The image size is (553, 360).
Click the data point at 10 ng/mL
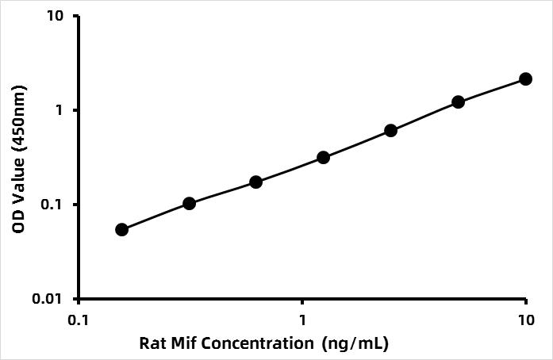525,79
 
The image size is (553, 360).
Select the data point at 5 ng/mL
458,101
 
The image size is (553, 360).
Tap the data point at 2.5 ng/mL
390,130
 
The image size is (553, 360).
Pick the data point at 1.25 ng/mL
323,157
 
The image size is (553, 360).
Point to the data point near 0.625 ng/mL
255,182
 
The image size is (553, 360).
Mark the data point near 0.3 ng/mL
189,203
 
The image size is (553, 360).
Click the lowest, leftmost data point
121,229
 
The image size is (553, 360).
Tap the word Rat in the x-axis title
152,343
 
